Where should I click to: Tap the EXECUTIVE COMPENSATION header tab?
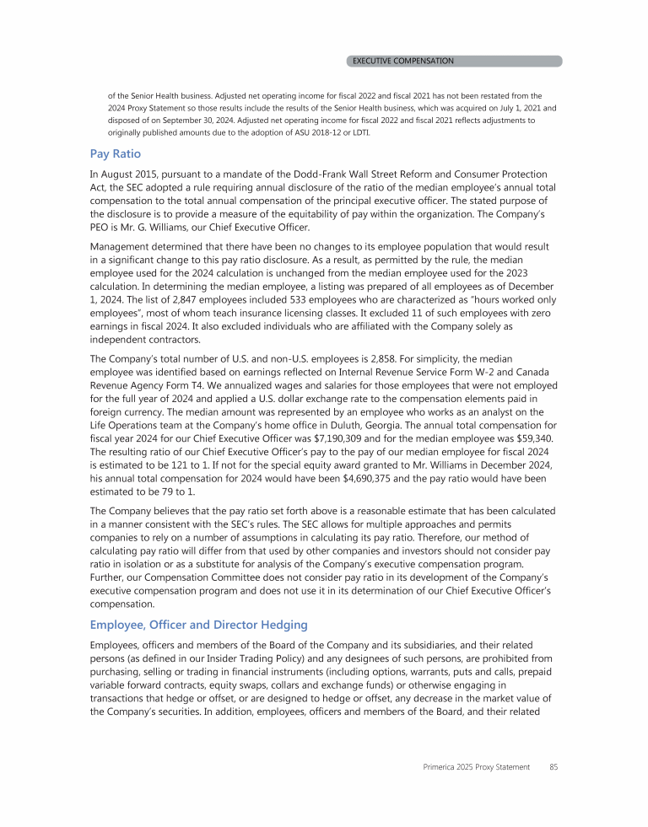tap(402, 61)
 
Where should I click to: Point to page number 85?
tap(553, 767)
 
